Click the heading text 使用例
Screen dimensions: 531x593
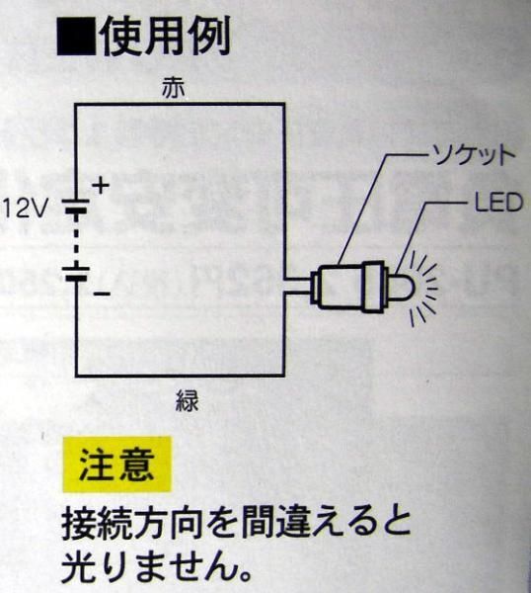(165, 37)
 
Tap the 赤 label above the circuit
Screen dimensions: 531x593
(173, 89)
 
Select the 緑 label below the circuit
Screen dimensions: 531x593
(187, 400)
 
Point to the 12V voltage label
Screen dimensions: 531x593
(26, 209)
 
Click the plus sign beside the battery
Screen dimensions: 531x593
(101, 186)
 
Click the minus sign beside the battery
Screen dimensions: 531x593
(102, 294)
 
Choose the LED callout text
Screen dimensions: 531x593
(498, 203)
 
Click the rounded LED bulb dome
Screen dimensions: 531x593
(402, 287)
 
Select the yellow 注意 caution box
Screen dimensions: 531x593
(116, 465)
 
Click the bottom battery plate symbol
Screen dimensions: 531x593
(76, 274)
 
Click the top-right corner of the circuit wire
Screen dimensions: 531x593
(283, 105)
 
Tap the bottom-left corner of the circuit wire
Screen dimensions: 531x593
(77, 376)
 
